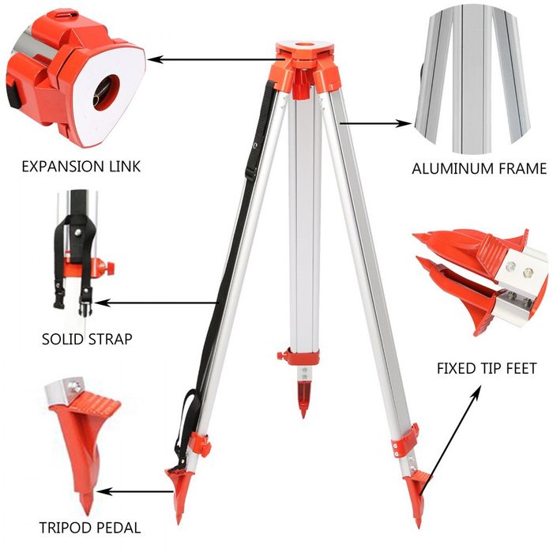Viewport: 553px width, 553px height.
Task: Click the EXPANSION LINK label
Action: click(81, 167)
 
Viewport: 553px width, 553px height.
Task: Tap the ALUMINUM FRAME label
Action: click(479, 168)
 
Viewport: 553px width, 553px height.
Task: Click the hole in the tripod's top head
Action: click(304, 39)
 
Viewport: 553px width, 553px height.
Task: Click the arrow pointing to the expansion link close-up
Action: click(213, 58)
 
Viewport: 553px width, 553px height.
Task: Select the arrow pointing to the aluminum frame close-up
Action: click(379, 122)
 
